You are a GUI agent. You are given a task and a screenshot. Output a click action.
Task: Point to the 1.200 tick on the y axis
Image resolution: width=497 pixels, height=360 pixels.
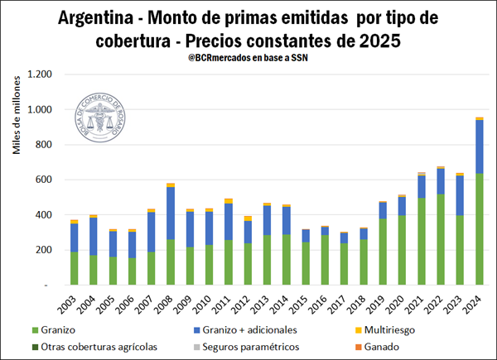tap(40, 74)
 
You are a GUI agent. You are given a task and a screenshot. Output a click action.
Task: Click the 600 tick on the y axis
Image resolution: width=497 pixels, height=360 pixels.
tap(45, 180)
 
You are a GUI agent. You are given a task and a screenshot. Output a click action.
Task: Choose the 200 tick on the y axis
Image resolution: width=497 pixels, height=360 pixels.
tap(45, 250)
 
